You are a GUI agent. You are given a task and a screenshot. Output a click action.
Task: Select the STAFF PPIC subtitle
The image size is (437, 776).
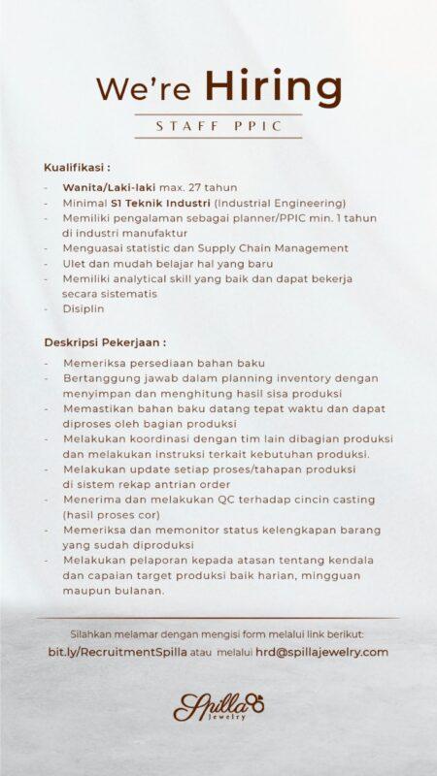[x=218, y=126]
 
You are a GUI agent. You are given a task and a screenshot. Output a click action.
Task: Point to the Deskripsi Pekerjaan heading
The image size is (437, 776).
[x=105, y=341]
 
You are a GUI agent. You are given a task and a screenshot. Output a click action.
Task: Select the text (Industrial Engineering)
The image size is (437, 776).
[x=280, y=203]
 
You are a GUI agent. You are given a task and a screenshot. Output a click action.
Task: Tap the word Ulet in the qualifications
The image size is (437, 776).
[x=74, y=263]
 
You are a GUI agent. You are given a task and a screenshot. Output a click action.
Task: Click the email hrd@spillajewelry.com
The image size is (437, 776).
[x=321, y=652]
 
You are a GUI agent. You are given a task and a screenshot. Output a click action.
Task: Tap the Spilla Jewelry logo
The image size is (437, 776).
[x=218, y=706]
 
